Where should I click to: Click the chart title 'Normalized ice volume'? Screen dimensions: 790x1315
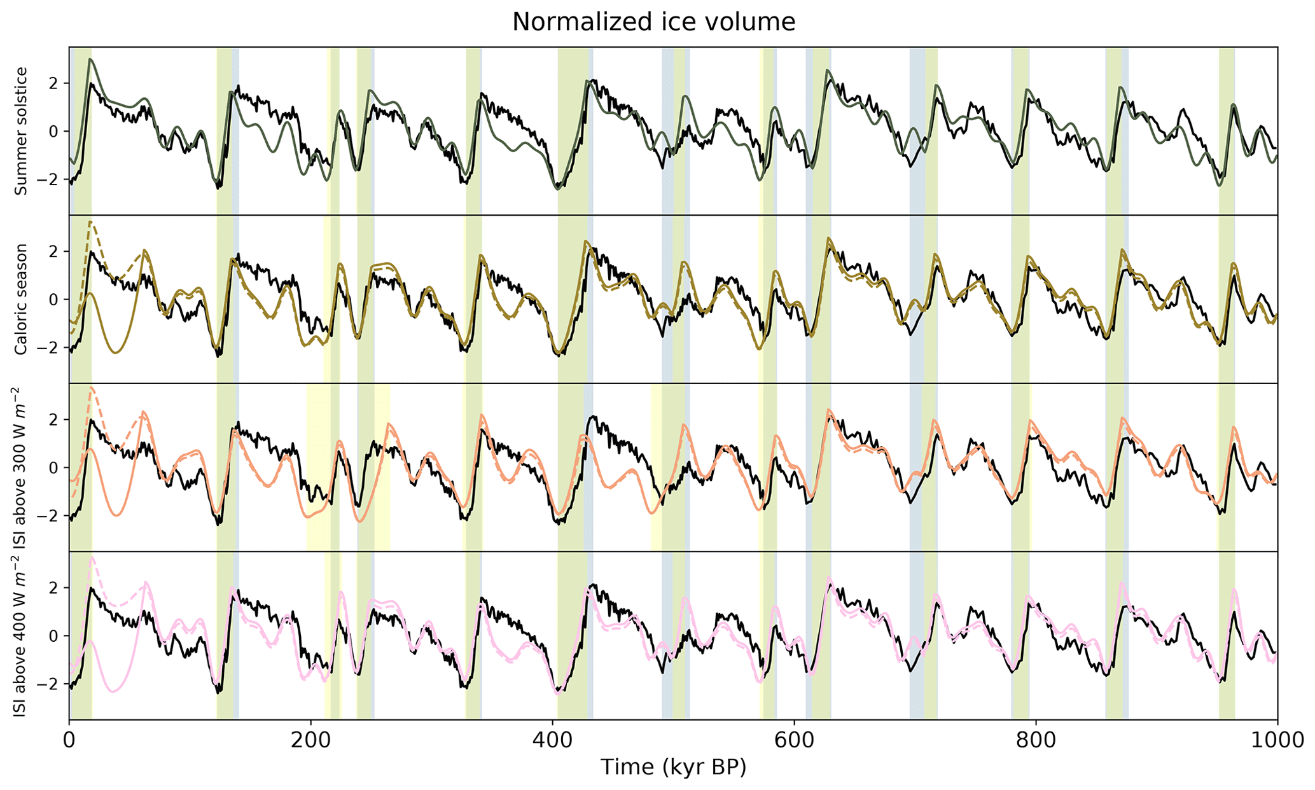coord(653,22)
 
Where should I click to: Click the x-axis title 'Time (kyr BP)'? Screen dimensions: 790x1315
coord(673,768)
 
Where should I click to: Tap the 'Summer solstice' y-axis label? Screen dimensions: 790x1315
coord(21,131)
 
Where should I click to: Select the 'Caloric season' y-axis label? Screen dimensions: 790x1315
coord(21,299)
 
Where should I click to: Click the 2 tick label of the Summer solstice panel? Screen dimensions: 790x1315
coord(54,83)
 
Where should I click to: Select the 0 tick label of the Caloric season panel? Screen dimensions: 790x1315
coord(54,300)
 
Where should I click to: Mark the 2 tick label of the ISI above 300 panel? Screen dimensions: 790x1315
coord(54,420)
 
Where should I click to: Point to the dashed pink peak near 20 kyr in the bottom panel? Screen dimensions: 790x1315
coord(92,558)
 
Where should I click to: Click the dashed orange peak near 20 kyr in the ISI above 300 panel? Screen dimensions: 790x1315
coord(92,387)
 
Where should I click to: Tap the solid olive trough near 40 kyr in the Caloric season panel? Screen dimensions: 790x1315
coord(115,352)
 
